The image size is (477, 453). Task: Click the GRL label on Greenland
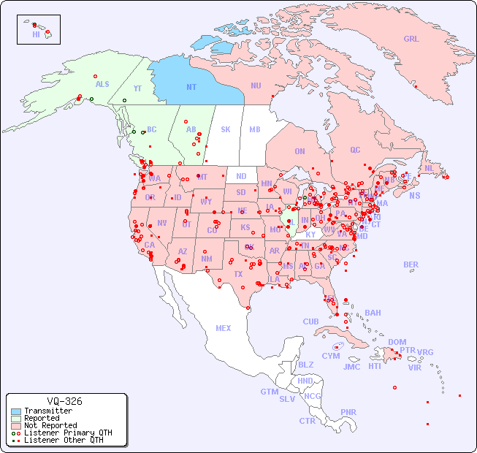click(x=411, y=39)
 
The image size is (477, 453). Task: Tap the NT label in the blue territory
click(x=191, y=87)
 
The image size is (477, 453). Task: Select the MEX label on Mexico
click(x=224, y=328)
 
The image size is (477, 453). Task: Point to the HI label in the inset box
click(x=36, y=34)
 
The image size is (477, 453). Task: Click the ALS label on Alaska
click(x=102, y=84)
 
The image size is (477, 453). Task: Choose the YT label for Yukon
click(x=137, y=88)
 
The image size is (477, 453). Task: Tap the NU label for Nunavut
click(x=256, y=85)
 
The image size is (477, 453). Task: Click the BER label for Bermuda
click(x=411, y=264)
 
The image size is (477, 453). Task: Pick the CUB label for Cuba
click(x=310, y=321)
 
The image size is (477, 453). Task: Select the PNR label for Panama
click(x=348, y=412)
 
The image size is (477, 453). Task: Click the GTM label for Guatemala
click(x=269, y=392)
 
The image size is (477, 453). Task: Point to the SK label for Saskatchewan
click(x=226, y=129)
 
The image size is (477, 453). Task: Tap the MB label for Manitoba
click(x=255, y=129)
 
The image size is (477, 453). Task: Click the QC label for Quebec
click(x=355, y=150)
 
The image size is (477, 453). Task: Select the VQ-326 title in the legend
click(x=64, y=401)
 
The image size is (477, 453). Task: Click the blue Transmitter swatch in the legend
click(x=16, y=411)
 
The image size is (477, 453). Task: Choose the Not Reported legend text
click(x=50, y=425)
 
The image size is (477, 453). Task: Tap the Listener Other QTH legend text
click(x=64, y=440)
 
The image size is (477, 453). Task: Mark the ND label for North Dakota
click(x=241, y=176)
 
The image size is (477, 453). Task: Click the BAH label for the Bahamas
click(x=373, y=313)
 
